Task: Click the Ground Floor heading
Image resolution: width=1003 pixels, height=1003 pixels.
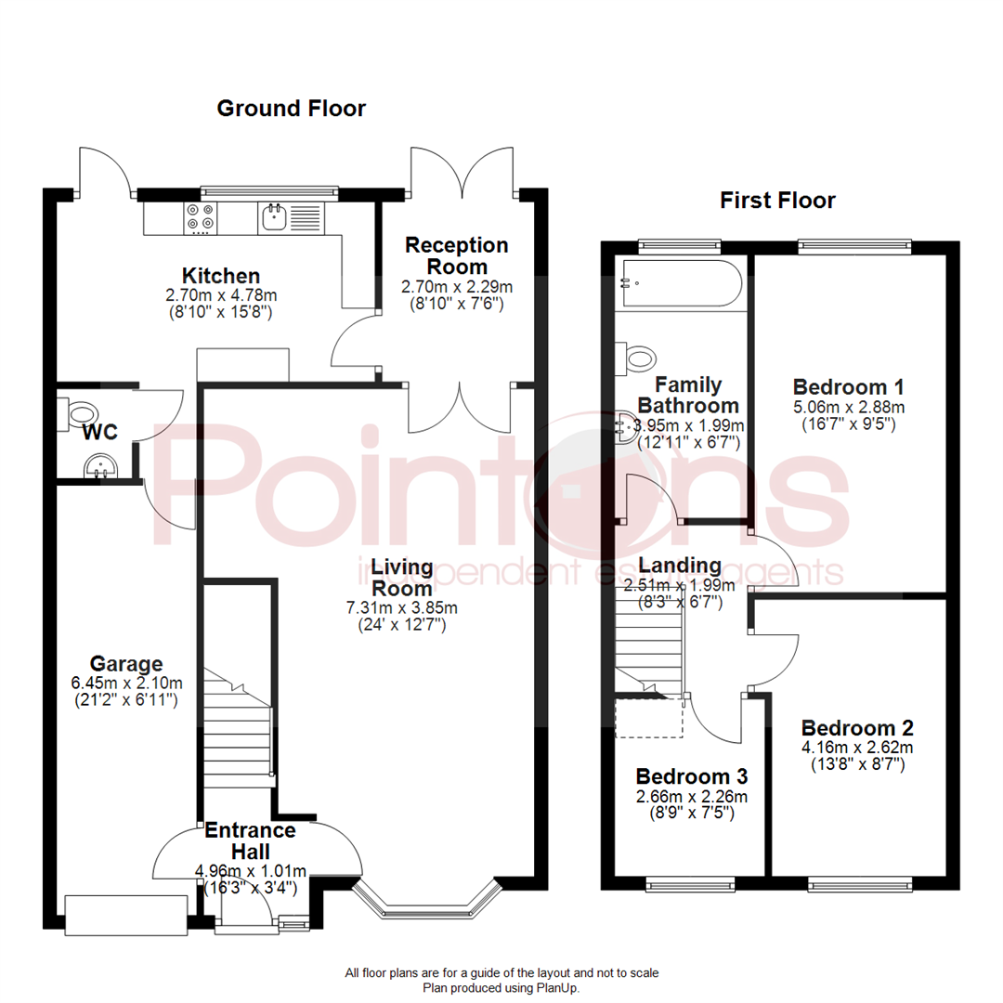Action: [x=291, y=109]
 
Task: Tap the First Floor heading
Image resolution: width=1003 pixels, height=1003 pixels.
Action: [x=777, y=201]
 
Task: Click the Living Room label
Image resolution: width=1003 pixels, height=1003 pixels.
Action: [x=401, y=577]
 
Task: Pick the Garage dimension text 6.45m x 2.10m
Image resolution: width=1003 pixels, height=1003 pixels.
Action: [x=126, y=683]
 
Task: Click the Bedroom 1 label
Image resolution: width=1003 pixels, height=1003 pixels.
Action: [x=849, y=387]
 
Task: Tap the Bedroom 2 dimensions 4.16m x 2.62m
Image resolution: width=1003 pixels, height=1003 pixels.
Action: [x=857, y=748]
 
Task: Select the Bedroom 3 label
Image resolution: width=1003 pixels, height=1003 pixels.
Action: [x=691, y=776]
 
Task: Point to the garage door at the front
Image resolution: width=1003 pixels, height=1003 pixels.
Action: [x=125, y=915]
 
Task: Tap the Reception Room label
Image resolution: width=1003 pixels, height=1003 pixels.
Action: [x=456, y=255]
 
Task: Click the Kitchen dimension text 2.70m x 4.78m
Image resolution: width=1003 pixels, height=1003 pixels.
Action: [x=220, y=296]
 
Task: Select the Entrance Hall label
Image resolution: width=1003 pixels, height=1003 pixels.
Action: [x=250, y=840]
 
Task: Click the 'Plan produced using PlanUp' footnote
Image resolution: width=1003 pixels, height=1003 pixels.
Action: [x=501, y=988]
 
